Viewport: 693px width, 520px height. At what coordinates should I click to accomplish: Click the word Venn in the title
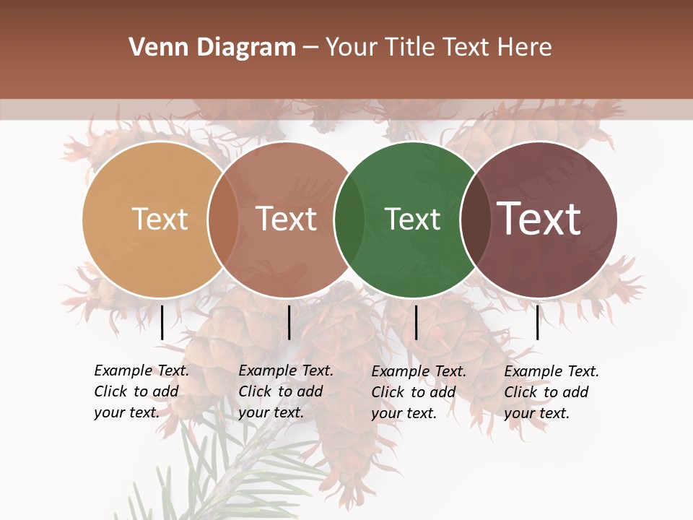[x=150, y=48]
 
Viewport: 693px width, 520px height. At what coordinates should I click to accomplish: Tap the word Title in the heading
[x=410, y=48]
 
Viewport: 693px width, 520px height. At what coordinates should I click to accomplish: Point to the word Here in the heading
[x=524, y=48]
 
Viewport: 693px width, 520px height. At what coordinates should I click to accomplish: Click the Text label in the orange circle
[x=160, y=219]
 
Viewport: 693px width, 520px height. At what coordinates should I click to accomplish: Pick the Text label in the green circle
[x=412, y=219]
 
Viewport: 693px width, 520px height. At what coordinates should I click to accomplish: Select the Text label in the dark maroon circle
[x=539, y=219]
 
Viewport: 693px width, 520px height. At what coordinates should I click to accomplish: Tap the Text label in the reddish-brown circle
[x=286, y=219]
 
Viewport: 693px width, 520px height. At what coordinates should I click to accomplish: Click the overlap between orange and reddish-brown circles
[x=223, y=220]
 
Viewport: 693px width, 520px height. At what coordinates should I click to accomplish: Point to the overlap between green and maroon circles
[x=474, y=220]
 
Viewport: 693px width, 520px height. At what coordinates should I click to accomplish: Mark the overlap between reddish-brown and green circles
[x=349, y=220]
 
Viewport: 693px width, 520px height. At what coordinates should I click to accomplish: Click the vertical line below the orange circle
[x=162, y=322]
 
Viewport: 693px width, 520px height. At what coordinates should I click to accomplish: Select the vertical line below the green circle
[x=416, y=322]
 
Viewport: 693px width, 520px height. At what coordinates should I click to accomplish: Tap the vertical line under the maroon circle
[x=537, y=322]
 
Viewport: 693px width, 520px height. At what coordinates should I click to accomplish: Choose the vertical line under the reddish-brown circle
[x=289, y=322]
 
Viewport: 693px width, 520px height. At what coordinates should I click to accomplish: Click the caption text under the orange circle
[x=141, y=391]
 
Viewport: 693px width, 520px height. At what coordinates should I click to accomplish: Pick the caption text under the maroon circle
[x=551, y=392]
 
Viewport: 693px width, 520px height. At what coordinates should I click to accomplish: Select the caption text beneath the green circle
[x=418, y=392]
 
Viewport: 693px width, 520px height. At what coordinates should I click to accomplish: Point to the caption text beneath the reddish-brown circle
[x=285, y=391]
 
